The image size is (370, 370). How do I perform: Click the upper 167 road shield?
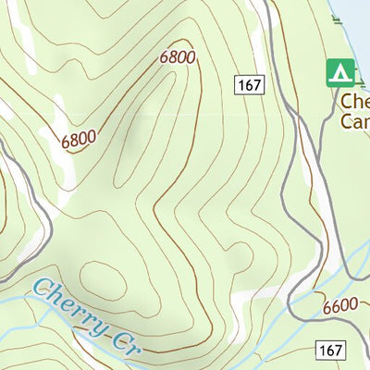pos(249,85)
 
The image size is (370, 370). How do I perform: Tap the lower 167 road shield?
pos(330,350)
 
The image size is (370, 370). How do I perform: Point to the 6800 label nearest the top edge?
pos(178,56)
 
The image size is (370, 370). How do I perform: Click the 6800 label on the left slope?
pos(80,139)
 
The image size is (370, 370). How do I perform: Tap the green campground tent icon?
pos(340,72)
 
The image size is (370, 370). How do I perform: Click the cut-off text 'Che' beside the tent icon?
pos(355,101)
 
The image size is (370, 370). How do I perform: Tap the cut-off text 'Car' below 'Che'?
pos(355,120)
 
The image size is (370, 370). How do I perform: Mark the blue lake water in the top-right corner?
pos(356,18)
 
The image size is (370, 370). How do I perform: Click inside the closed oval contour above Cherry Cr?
pos(103,277)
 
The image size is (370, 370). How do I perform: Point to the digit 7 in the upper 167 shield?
pos(257,85)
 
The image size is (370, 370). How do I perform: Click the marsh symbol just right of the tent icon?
pos(364,74)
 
